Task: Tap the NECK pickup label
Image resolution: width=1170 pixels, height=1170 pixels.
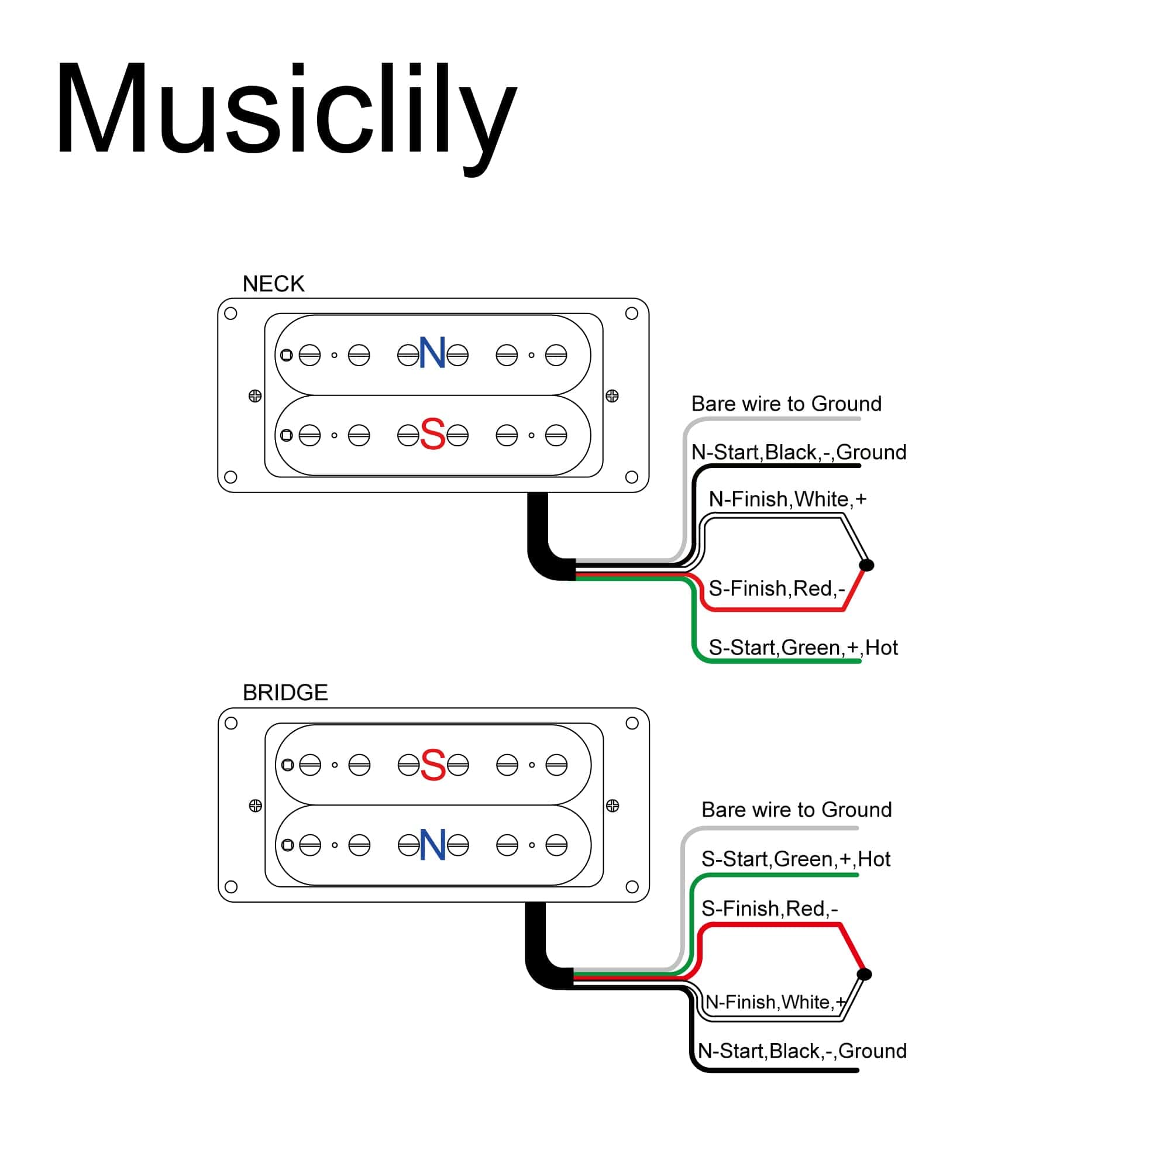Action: pos(273,284)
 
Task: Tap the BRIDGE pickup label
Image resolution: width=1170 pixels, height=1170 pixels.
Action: pos(285,693)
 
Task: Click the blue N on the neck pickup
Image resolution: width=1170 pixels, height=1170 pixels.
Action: pos(432,353)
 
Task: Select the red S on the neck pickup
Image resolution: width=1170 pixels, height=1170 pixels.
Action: pos(432,434)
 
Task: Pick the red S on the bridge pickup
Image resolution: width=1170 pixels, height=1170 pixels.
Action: pos(433,764)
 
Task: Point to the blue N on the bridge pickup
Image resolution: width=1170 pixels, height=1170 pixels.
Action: pos(433,845)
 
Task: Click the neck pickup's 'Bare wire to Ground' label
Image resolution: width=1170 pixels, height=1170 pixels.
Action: pos(786,404)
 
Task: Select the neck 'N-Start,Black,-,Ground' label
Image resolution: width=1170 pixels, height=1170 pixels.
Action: pos(799,452)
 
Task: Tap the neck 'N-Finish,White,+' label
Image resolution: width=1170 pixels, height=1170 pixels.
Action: pos(787,500)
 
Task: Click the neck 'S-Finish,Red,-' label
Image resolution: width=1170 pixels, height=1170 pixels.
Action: pos(776,589)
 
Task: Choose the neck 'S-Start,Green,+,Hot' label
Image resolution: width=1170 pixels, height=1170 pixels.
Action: pos(803,648)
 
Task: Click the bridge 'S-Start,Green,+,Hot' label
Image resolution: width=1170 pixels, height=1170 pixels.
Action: pos(796,859)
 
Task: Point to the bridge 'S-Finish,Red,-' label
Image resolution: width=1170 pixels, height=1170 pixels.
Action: pos(769,909)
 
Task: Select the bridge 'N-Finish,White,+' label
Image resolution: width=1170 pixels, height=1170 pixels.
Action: pos(776,1002)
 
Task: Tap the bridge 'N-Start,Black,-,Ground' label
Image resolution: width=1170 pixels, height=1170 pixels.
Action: pos(802,1051)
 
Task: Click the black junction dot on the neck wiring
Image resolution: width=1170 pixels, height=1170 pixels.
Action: pos(866,565)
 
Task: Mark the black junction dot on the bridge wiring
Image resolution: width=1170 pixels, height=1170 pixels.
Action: pos(865,975)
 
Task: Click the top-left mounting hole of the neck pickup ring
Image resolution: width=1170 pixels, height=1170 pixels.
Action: pos(230,314)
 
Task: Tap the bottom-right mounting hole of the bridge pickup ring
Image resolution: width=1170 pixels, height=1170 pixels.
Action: pos(632,887)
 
